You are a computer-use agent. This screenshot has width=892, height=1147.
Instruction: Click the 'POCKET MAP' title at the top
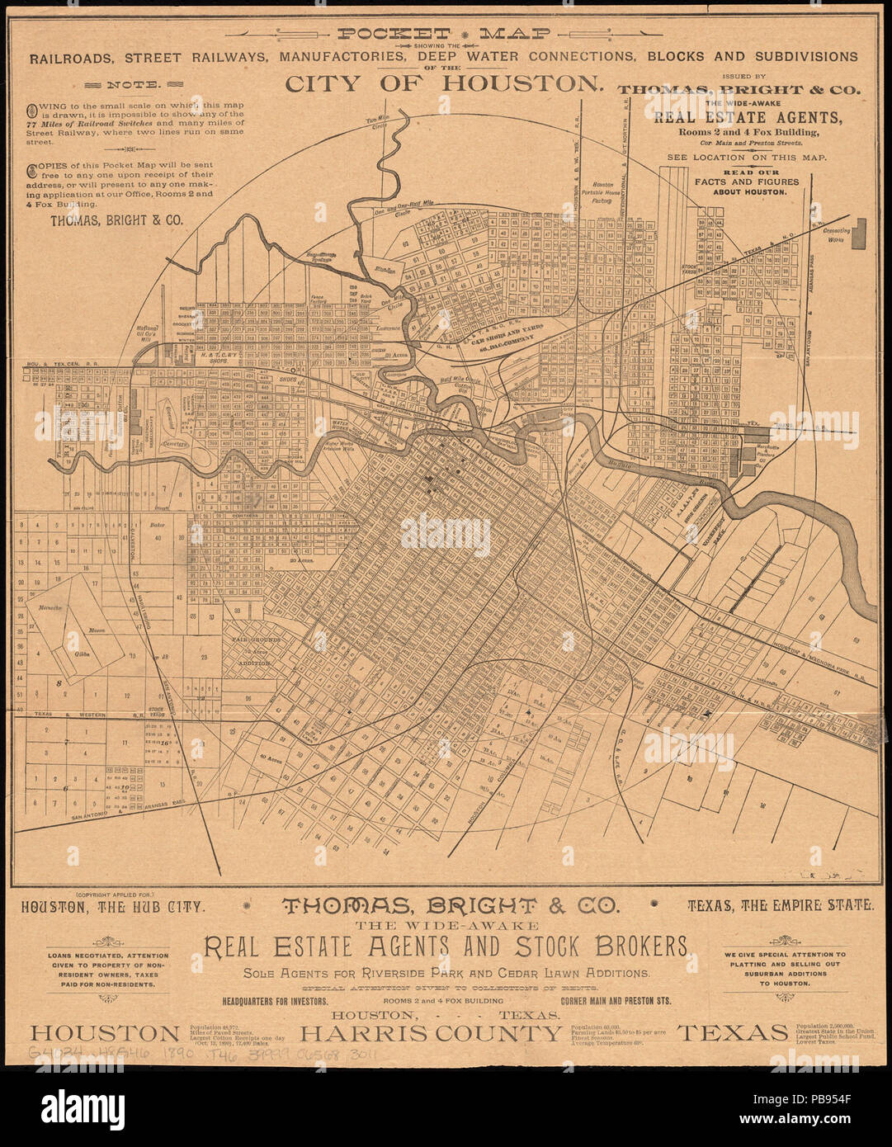point(446,34)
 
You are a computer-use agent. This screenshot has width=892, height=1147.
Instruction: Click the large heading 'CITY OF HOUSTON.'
point(443,83)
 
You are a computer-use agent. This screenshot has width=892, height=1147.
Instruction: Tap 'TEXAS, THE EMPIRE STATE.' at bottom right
point(780,905)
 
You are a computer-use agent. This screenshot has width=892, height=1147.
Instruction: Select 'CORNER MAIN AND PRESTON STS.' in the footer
point(615,1000)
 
